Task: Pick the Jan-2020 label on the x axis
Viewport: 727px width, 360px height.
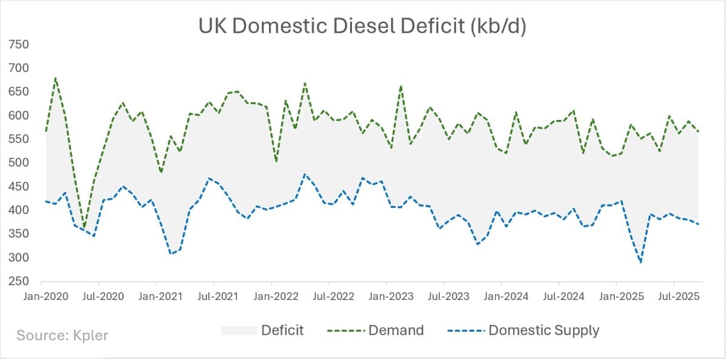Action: (41, 296)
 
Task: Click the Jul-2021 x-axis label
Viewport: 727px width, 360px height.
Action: (213, 296)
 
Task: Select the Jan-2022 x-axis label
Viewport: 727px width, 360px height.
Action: (271, 296)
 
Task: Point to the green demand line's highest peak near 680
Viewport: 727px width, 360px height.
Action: (55, 78)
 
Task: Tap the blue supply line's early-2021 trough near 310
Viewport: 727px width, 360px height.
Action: (171, 253)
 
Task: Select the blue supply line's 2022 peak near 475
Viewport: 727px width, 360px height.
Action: (305, 174)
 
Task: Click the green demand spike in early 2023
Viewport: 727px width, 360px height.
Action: (401, 86)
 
